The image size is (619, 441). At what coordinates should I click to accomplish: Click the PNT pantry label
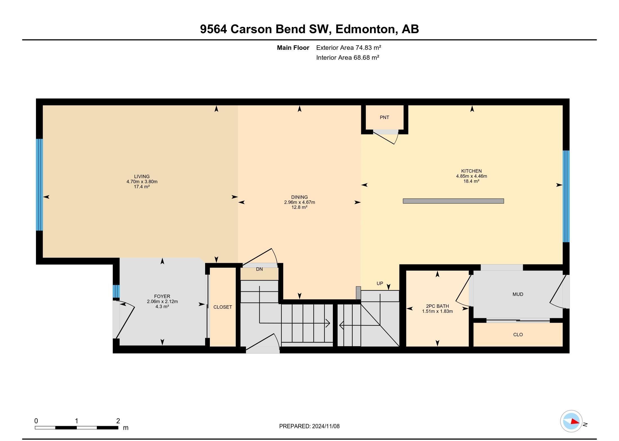384,117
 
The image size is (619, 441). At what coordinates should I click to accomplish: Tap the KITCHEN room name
471,171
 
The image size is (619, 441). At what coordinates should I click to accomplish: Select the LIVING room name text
142,177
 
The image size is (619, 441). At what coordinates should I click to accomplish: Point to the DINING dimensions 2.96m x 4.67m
299,202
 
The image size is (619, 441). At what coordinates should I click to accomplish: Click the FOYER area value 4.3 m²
162,307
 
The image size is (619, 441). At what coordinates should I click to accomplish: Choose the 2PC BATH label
437,306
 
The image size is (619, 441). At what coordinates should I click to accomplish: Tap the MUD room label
518,294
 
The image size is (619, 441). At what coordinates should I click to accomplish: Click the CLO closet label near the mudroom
518,334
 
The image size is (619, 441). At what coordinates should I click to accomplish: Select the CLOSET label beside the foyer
223,307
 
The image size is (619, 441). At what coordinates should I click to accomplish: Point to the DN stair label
259,269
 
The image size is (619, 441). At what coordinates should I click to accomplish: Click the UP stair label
380,283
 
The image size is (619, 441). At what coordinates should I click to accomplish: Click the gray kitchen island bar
453,201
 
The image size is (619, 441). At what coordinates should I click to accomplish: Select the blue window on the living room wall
39,185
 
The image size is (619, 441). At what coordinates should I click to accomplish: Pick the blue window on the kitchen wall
566,196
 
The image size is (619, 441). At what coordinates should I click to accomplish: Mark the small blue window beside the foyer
116,291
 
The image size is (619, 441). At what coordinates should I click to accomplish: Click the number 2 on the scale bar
118,421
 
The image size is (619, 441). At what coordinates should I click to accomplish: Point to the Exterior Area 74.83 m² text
349,48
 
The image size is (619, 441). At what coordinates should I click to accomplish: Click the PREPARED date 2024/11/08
326,426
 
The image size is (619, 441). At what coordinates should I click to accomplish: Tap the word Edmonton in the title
365,29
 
